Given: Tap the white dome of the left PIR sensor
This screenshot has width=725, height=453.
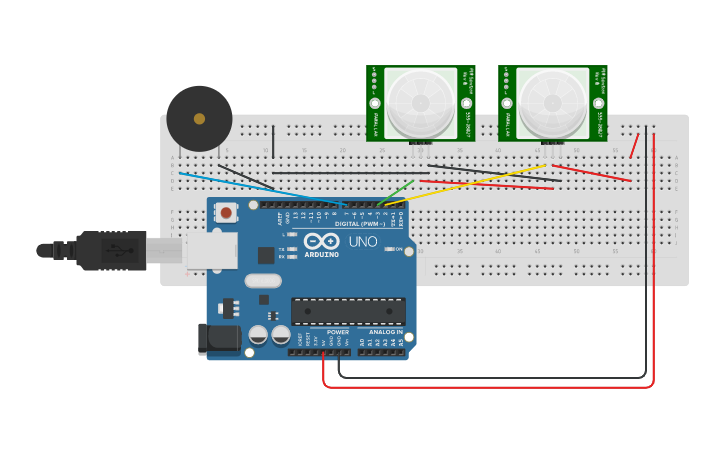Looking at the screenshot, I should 420,101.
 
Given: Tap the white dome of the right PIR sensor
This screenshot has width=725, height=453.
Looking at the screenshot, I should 552,101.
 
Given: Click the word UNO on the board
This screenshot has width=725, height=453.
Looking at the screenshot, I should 362,241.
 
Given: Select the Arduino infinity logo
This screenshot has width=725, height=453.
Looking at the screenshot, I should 321,241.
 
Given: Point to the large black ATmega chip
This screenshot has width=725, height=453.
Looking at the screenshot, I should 348,311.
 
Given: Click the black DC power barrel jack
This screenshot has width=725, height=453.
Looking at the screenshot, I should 219,339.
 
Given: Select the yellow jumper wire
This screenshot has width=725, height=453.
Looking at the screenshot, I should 470,183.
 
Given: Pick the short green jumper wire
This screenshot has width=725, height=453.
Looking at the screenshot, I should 400,190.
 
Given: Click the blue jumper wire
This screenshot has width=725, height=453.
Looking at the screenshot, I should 260,188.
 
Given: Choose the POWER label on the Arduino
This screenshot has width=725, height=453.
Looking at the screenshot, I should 338,332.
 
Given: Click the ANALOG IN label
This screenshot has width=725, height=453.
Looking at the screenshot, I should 385,332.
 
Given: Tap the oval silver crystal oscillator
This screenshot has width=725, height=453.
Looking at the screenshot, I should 262,281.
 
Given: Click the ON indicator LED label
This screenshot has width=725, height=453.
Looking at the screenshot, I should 396,249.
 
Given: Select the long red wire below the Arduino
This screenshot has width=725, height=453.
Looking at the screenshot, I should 490,386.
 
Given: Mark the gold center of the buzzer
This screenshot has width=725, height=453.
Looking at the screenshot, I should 199,119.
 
